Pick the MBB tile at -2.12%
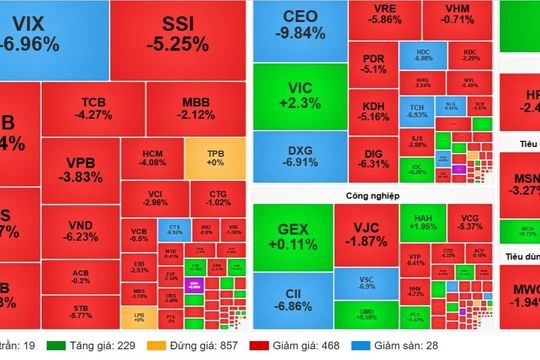[196, 108]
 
